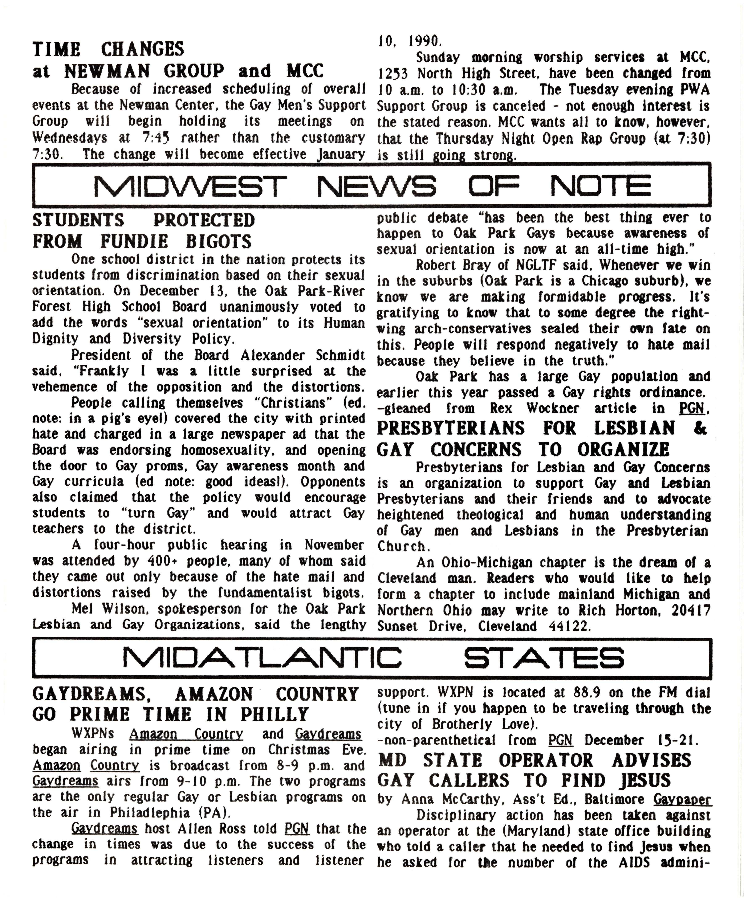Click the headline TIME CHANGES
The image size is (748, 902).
[108, 49]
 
